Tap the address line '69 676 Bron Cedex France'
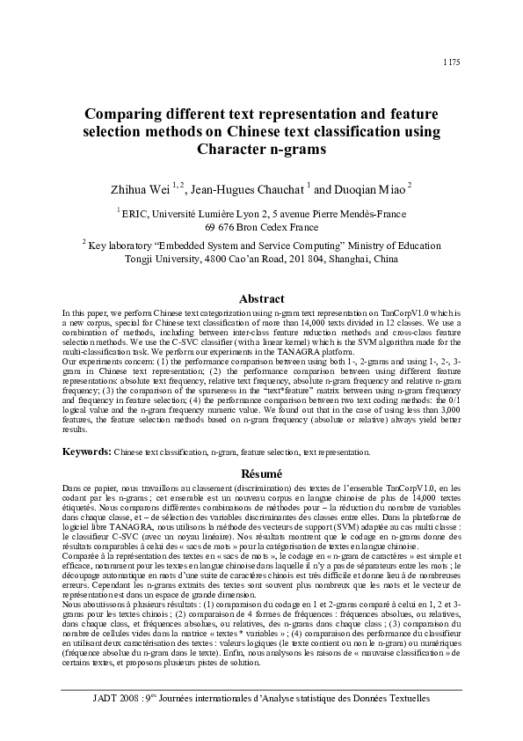260,226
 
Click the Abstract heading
260,298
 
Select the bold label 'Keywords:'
86,451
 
